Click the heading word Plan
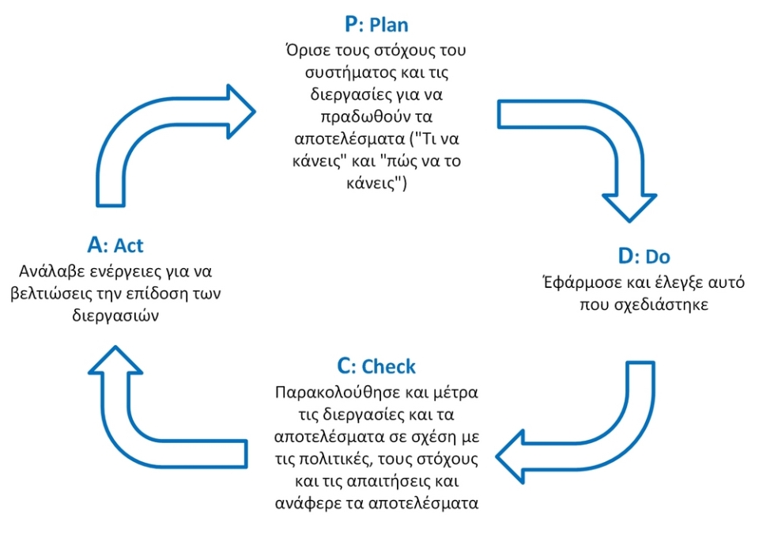388,25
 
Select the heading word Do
658,258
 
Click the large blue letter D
625,257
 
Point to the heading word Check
388,367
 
